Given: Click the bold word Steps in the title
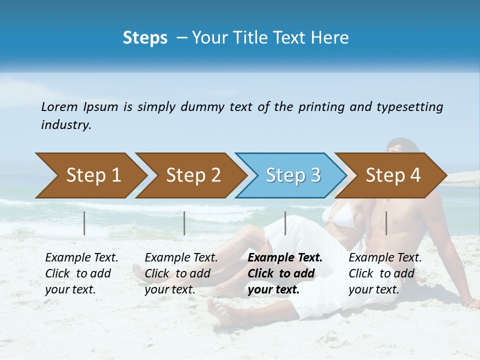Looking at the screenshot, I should pos(145,38).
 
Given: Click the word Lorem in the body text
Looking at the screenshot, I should pos(59,107).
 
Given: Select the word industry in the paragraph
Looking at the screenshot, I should pos(65,125).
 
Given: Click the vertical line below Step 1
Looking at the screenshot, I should pos(84,223).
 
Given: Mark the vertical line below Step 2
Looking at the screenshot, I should pos(184,223).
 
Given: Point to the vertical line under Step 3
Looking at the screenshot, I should pos(285,223).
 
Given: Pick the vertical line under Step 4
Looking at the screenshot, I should pos(386,223).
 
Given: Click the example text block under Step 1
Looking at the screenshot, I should pos(81,273).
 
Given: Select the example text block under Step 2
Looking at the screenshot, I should pos(181,273).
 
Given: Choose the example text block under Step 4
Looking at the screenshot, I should pos(385,273).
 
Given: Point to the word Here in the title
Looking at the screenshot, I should pos(331,38).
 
